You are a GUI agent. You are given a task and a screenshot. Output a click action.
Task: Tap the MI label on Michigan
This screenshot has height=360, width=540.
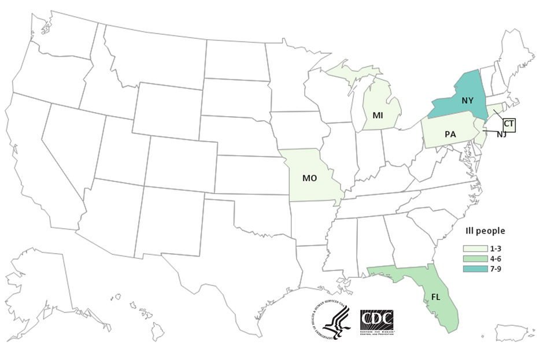(x=378, y=115)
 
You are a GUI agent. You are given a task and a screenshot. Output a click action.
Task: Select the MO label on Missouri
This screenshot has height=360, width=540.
(x=309, y=178)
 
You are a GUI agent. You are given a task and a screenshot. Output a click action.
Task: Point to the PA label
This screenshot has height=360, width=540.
(x=450, y=134)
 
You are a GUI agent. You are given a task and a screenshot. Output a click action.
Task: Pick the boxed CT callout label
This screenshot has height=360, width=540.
(x=508, y=124)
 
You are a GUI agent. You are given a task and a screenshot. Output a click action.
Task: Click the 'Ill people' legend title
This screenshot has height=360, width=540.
(x=485, y=231)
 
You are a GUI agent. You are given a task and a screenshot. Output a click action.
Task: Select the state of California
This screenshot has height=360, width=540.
(x=40, y=168)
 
